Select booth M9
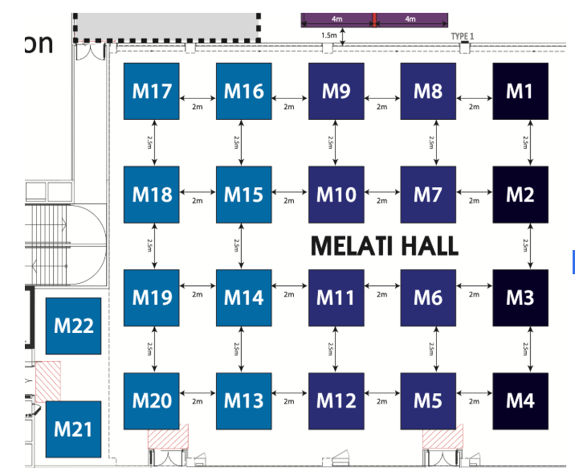336,91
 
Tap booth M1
520,91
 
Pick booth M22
74,326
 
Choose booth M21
74,429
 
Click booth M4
520,400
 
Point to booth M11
336,297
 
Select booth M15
243,194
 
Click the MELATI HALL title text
384,245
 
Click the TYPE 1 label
463,36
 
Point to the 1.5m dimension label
328,35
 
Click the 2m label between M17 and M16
197,105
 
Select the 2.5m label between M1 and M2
526,142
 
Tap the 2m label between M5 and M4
474,401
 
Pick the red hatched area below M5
442,438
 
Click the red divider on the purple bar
374,19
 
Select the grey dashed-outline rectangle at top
168,26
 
